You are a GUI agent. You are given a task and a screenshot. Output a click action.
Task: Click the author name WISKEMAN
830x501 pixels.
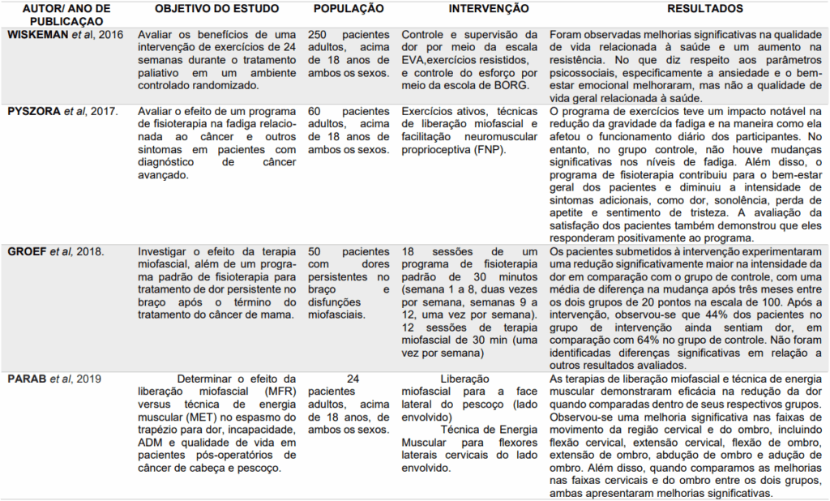click(37, 36)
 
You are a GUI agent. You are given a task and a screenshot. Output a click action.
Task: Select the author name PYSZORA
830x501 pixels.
click(34, 110)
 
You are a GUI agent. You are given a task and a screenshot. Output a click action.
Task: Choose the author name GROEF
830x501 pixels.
click(28, 252)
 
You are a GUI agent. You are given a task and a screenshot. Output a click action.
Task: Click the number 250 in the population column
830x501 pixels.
click(318, 36)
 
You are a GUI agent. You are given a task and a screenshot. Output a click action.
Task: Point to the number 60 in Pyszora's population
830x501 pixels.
click(314, 110)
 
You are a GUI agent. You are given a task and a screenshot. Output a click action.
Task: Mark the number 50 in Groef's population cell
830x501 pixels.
click(314, 252)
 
